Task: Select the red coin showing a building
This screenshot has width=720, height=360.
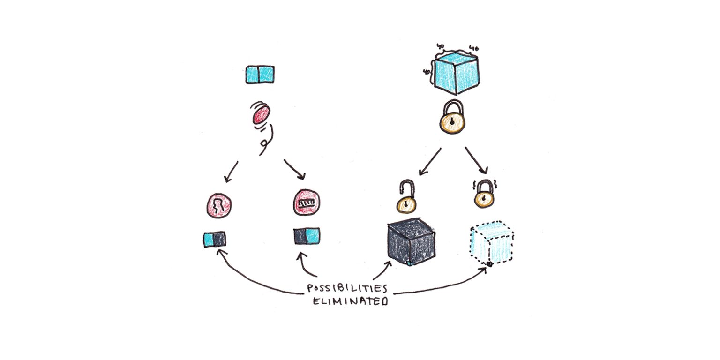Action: coord(307,203)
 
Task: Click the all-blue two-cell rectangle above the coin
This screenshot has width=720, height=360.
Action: coord(260,75)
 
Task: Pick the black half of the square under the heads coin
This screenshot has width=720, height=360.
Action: coord(219,239)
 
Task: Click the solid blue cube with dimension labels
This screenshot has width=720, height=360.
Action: coord(455,72)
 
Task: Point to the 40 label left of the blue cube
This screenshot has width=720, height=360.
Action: coord(426,72)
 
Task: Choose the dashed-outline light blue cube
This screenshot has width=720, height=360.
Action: coord(491,244)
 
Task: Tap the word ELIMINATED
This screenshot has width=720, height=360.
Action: coord(351,300)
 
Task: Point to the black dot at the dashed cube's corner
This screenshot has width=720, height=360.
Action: coord(488,265)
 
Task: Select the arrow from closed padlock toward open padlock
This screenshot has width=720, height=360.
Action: coord(430,162)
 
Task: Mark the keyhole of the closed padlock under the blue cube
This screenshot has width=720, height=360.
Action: coord(452,122)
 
